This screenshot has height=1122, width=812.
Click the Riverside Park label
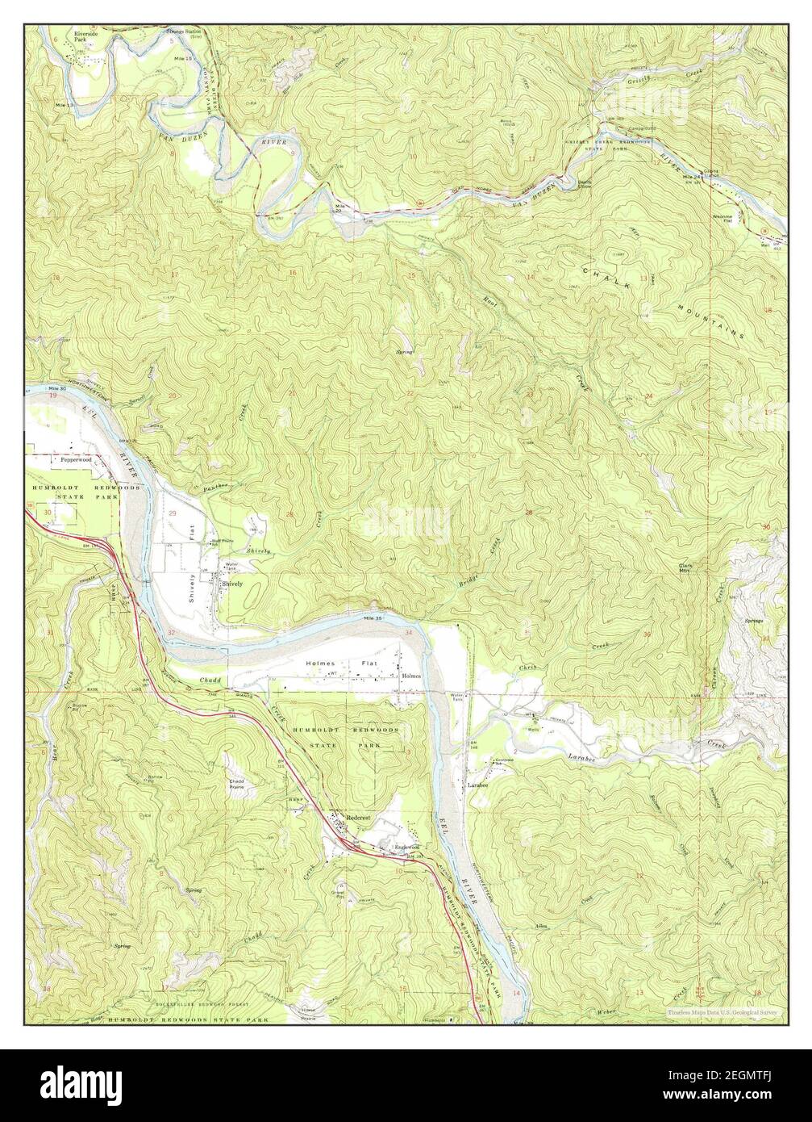85,37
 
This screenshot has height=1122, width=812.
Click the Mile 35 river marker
371,618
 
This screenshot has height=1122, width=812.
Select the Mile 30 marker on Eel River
56,388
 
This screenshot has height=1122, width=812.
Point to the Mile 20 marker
343,208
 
